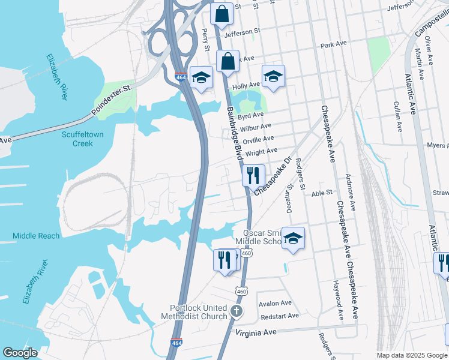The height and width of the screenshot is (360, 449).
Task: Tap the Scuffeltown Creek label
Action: coord(86,139)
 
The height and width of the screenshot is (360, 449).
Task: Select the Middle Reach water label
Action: coord(36,236)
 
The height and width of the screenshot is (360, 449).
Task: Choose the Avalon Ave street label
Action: coord(275,304)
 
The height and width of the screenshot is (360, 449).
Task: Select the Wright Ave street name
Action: coord(261,152)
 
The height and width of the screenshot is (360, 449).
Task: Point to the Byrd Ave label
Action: coord(250,115)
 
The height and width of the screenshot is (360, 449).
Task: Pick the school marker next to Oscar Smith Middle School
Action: coord(293,238)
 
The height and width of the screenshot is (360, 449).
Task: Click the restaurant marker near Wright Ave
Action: coord(253,175)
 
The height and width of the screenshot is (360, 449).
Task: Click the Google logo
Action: coord(20,353)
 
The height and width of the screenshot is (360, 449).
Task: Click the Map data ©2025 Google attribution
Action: coord(411,355)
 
